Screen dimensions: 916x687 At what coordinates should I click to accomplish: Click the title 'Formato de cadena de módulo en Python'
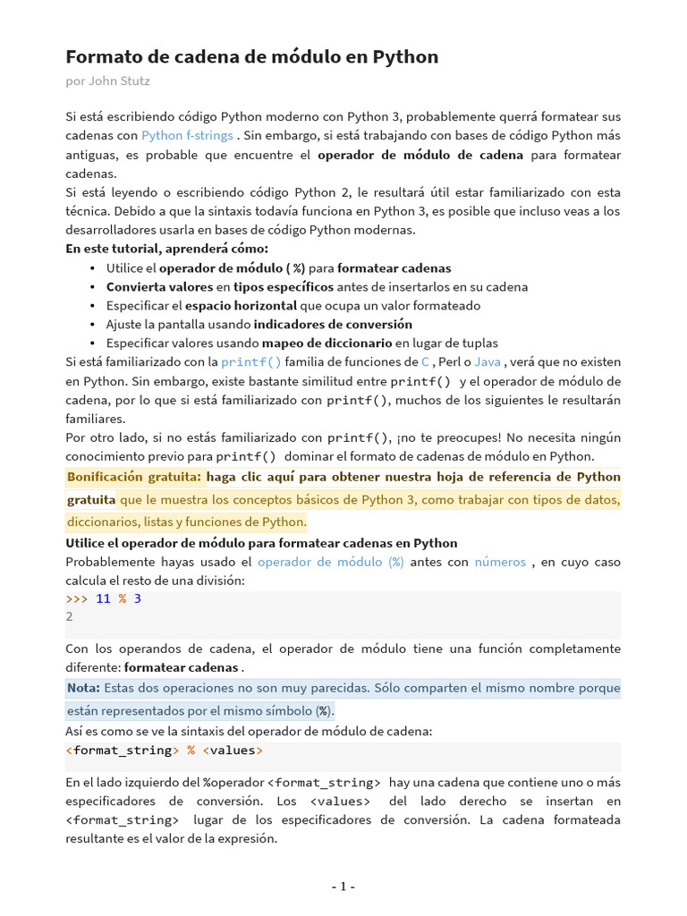click(252, 57)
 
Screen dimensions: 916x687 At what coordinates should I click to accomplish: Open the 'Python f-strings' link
click(187, 136)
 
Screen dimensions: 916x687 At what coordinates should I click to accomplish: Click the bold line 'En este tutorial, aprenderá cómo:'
click(166, 249)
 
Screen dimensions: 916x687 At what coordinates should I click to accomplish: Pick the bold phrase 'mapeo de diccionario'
click(327, 343)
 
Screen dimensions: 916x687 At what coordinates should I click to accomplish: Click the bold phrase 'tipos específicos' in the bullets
click(284, 286)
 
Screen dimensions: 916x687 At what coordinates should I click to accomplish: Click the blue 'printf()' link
click(250, 362)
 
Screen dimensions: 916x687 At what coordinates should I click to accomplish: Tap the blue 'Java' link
click(487, 362)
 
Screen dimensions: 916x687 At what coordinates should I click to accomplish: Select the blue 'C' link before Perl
click(425, 362)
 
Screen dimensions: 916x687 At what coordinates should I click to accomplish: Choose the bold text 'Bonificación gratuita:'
click(134, 477)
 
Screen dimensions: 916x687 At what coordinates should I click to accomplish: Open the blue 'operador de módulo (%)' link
click(330, 562)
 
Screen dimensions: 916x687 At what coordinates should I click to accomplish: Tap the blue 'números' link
click(500, 562)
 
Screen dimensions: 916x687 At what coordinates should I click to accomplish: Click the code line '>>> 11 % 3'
click(104, 598)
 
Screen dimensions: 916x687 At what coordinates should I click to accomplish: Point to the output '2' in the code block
click(70, 616)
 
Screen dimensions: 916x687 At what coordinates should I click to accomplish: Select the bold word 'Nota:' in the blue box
click(83, 688)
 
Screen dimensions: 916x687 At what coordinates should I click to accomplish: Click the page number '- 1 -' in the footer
click(343, 886)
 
